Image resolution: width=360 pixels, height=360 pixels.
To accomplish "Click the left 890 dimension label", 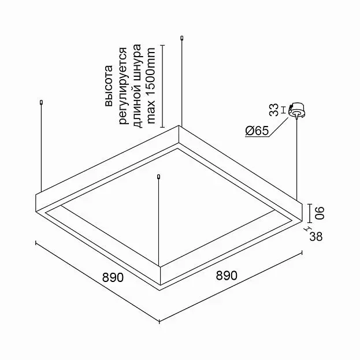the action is (113, 277).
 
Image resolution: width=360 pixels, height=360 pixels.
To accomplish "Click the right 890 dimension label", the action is (227, 275).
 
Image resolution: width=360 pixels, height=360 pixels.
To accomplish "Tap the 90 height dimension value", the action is (319, 213).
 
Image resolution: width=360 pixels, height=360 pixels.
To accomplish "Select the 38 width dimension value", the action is (316, 236).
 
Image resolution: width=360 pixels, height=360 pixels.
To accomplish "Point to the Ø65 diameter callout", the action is (257, 131).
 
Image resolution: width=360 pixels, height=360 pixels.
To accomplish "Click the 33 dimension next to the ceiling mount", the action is (274, 110).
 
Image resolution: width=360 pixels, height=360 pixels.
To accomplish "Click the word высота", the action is (109, 86).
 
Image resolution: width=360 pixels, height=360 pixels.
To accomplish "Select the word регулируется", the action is (123, 86).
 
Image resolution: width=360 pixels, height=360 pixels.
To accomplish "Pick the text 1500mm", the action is (151, 72).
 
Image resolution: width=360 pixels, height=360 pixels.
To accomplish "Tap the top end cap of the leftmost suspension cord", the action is (42, 102).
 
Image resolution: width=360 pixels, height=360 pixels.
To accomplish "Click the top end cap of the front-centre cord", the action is (158, 177).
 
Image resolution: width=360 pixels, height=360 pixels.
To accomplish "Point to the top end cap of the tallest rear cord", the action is (182, 38).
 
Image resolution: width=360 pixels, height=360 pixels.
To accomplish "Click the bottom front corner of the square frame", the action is (160, 291).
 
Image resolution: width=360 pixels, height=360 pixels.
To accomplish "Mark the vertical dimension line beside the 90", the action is (310, 213).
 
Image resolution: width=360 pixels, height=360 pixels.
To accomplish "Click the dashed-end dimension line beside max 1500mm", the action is (162, 86).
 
